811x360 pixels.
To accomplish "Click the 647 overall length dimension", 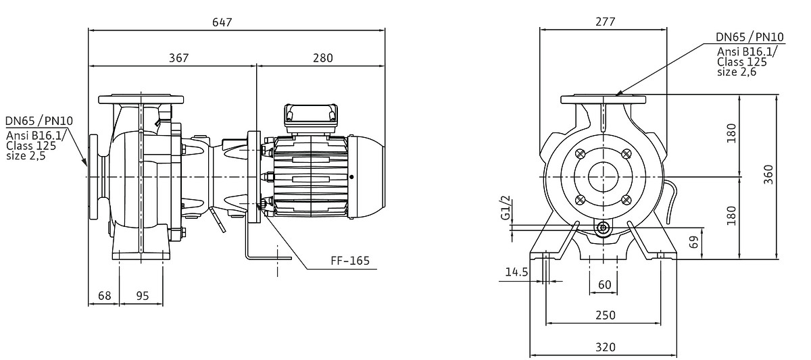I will click(222, 22).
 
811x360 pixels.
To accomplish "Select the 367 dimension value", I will click(178, 58).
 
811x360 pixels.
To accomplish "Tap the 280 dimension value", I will click(322, 58).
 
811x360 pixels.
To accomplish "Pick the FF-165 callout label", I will click(349, 260).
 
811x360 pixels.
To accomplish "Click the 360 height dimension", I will click(768, 177).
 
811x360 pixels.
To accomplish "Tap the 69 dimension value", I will click(693, 242).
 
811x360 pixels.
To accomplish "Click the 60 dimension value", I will click(604, 284).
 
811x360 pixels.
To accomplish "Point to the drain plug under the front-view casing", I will click(604, 229).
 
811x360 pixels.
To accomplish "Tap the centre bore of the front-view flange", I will click(604, 177).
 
